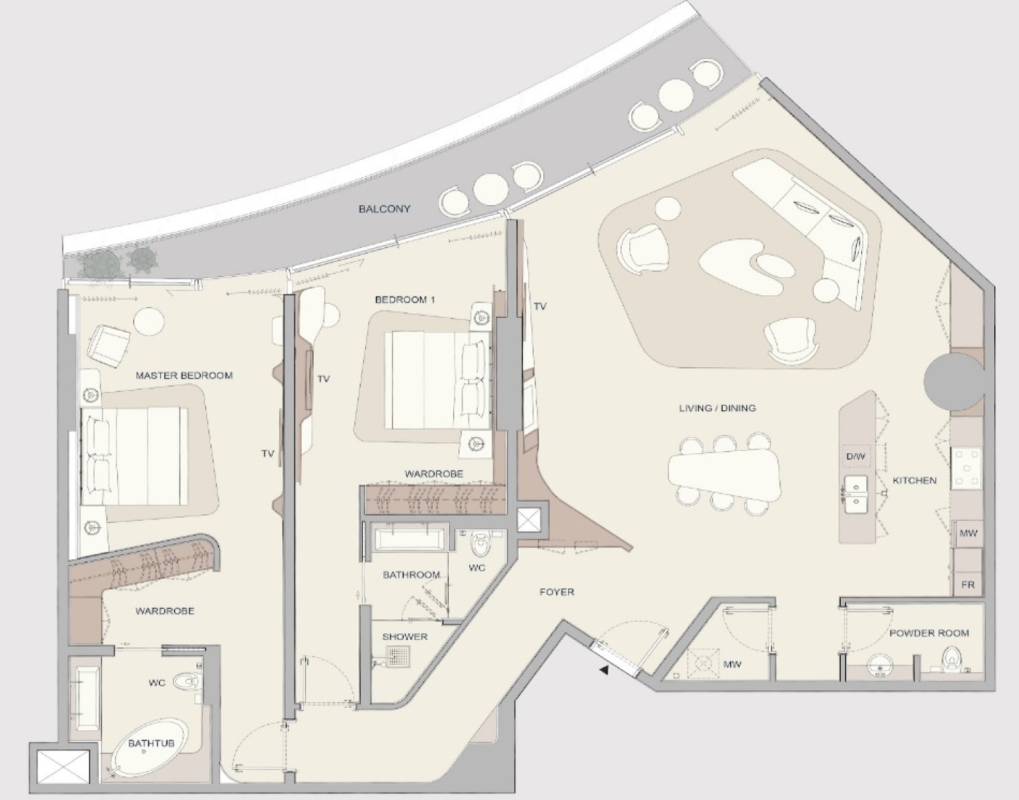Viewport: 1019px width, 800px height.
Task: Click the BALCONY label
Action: tap(385, 209)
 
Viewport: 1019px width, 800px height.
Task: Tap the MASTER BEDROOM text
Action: tap(184, 375)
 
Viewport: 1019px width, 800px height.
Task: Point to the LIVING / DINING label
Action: tap(717, 408)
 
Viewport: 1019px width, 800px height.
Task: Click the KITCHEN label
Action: tap(914, 481)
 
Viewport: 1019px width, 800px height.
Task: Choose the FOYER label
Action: tap(556, 592)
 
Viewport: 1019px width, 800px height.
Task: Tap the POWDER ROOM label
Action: tap(929, 633)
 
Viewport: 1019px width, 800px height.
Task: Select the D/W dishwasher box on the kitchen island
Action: tap(856, 456)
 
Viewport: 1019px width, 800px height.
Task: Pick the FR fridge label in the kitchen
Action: tap(967, 585)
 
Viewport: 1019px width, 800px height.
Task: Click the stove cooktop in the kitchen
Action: tap(966, 468)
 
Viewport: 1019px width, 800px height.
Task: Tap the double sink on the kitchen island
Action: tap(856, 496)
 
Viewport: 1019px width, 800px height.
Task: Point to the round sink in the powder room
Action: tap(877, 665)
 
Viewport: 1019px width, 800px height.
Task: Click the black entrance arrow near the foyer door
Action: tap(604, 671)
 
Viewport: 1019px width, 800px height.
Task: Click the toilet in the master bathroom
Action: tap(188, 681)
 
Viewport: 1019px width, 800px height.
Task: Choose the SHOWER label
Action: tap(405, 637)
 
